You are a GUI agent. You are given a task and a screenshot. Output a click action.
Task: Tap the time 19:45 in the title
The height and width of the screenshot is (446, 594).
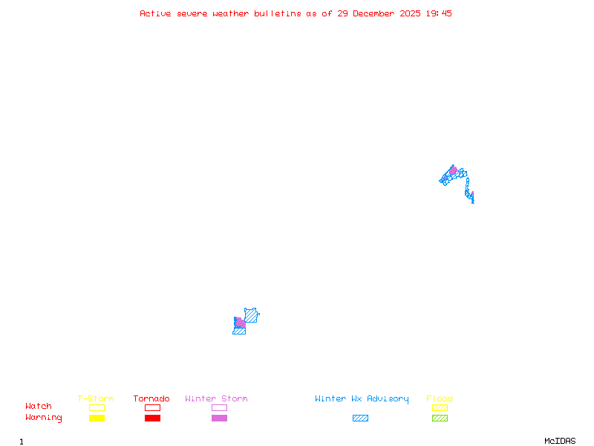pos(439,13)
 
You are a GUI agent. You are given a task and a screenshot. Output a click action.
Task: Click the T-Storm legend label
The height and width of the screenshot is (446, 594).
pos(96,399)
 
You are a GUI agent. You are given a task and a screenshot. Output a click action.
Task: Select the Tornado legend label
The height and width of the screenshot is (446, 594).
pos(151,399)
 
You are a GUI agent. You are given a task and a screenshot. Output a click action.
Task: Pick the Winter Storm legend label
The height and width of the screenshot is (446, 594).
pos(216,399)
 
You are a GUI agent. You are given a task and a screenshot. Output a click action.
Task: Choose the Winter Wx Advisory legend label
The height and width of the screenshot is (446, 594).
pos(362,399)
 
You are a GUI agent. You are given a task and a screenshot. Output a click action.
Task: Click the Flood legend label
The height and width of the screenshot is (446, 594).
pos(440,399)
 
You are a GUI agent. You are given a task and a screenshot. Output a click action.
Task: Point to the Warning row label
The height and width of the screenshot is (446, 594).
pos(44,418)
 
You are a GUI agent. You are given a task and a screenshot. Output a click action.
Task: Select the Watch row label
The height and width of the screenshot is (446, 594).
pos(39,407)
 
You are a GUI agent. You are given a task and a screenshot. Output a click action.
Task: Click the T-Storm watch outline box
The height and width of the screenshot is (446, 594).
pos(97,407)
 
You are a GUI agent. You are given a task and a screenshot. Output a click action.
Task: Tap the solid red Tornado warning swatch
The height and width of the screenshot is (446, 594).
pos(152,418)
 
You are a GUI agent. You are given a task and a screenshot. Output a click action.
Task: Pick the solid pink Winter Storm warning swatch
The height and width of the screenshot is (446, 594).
pos(219,418)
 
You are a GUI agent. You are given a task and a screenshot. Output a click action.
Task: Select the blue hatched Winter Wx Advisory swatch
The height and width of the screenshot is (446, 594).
pos(360,418)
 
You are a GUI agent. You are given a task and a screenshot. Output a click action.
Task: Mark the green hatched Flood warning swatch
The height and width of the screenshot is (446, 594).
pos(440,418)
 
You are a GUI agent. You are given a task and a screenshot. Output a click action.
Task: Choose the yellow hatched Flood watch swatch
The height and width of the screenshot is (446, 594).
pos(440,407)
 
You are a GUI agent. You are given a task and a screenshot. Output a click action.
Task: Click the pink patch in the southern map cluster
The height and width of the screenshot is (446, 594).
pos(241,323)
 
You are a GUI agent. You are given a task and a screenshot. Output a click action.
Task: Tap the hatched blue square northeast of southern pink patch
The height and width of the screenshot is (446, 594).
pos(251,315)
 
